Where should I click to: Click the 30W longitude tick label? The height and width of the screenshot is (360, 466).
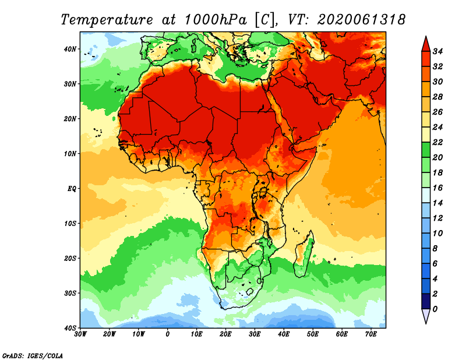point(80,335)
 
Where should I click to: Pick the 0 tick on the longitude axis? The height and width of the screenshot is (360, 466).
point(168,335)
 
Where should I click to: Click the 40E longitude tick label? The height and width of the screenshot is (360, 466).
point(284,335)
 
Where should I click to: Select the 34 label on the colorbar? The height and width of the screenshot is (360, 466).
point(439,51)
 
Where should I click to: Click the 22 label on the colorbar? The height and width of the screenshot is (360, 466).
point(439,142)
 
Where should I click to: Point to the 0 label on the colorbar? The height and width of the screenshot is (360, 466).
point(436,309)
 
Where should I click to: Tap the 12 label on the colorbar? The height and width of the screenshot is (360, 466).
point(439,218)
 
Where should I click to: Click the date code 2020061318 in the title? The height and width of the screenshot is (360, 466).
point(361,19)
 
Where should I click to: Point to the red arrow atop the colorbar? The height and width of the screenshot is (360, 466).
point(426,44)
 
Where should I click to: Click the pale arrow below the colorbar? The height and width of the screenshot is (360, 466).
point(426,316)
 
